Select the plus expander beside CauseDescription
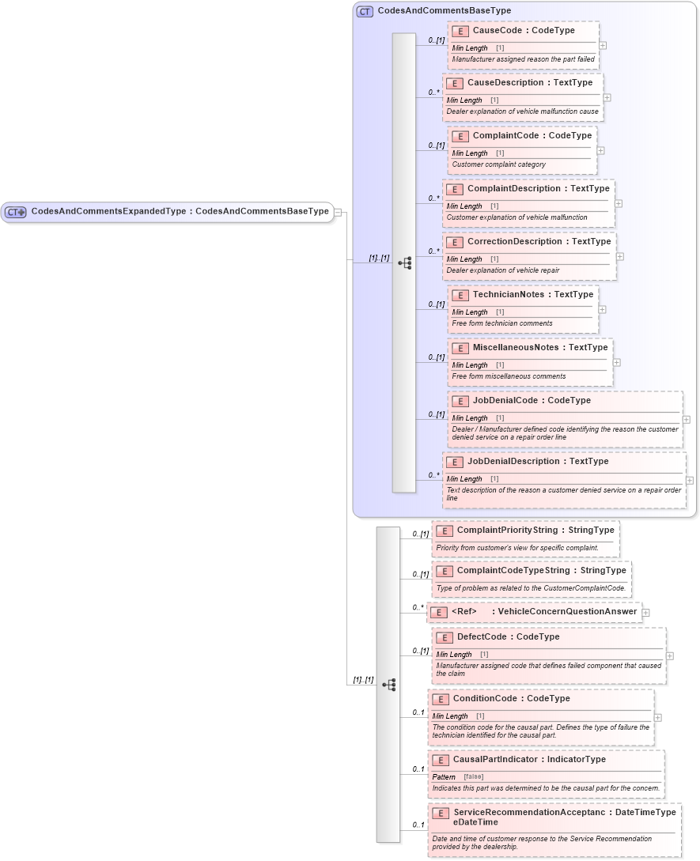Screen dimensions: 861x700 607,98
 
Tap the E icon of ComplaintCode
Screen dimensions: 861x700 460,136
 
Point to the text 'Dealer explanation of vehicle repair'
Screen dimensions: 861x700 502,270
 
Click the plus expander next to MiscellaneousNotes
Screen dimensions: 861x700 616,362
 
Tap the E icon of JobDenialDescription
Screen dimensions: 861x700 454,462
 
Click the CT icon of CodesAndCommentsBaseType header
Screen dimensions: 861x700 364,11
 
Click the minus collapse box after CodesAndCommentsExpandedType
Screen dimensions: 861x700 338,212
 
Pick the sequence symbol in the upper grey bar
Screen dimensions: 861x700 404,262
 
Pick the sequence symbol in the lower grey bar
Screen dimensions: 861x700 388,685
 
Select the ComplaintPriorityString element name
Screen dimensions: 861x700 507,531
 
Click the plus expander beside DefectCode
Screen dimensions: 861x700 670,655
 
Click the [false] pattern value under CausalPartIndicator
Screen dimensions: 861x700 473,776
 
